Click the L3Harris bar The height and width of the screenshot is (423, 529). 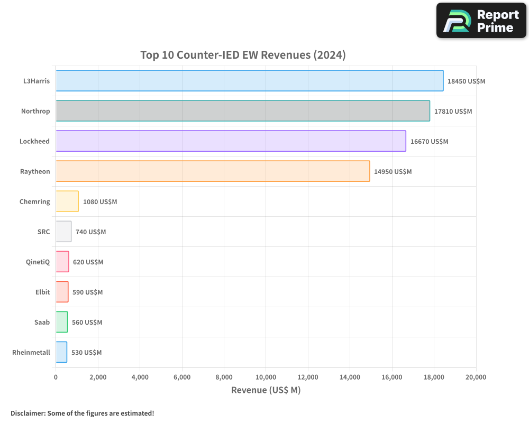pyautogui.click(x=249, y=81)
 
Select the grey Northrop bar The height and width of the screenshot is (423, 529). pyautogui.click(x=243, y=111)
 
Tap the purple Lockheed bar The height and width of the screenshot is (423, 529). pyautogui.click(x=231, y=141)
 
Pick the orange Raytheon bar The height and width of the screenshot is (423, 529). pyautogui.click(x=213, y=171)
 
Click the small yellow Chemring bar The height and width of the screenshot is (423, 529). pyautogui.click(x=67, y=201)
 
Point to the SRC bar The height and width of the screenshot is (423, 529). pyautogui.click(x=63, y=232)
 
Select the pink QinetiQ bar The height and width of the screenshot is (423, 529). pyautogui.click(x=62, y=262)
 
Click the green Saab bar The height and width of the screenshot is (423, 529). pyautogui.click(x=62, y=322)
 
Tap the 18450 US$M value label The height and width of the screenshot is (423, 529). pyautogui.click(x=466, y=81)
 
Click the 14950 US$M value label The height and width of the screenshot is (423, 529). pyautogui.click(x=393, y=172)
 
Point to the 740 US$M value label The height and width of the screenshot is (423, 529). pyautogui.click(x=90, y=232)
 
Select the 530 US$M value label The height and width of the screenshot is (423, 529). pyautogui.click(x=86, y=353)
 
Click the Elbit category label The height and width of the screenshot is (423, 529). pyautogui.click(x=42, y=292)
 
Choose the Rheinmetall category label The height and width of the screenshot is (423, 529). pyautogui.click(x=31, y=352)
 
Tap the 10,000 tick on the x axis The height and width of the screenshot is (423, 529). pyautogui.click(x=266, y=377)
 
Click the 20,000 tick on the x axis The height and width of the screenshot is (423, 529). pyautogui.click(x=476, y=377)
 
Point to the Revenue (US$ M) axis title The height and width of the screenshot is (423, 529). pyautogui.click(x=266, y=390)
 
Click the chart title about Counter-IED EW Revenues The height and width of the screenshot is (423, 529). pyautogui.click(x=243, y=55)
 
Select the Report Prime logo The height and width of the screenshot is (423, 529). pyautogui.click(x=481, y=21)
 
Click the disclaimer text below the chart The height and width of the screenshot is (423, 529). pyautogui.click(x=82, y=413)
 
